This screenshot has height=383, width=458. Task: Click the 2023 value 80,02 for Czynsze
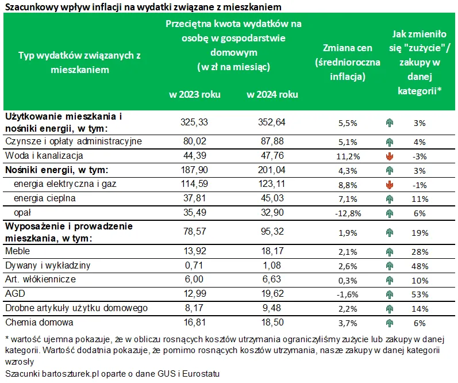(195, 141)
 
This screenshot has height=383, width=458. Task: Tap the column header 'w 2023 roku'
(194, 94)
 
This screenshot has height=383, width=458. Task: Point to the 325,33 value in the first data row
(195, 122)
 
